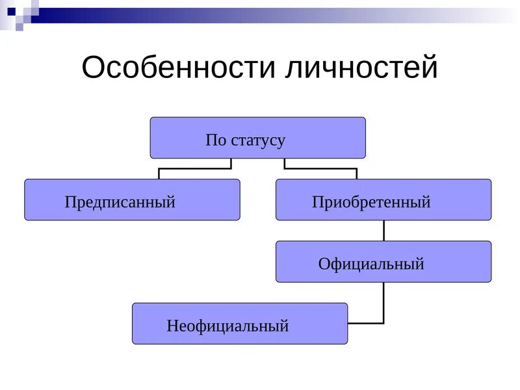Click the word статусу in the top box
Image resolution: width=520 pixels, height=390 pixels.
258,140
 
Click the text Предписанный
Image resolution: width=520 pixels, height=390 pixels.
120,202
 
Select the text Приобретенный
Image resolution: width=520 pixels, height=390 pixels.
371,202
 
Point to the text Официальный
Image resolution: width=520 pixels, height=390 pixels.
371,264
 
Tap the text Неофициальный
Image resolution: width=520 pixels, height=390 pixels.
227,326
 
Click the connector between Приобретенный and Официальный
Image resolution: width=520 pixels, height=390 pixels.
383,231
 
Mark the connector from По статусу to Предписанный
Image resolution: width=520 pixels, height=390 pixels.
195,168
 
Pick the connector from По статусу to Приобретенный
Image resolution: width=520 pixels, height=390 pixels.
320,168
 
